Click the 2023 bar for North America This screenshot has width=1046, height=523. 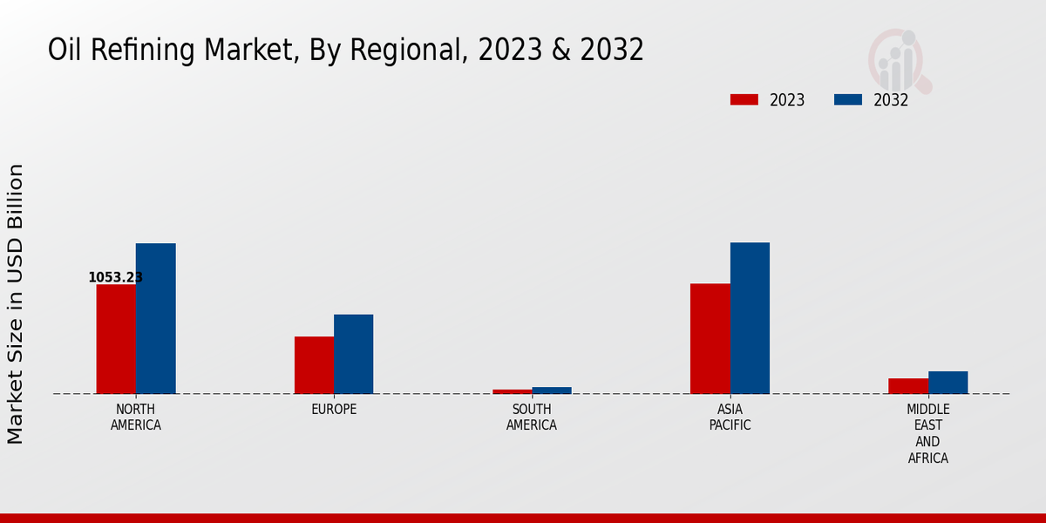116,339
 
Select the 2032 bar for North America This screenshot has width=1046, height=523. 156,318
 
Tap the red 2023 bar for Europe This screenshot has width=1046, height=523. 314,365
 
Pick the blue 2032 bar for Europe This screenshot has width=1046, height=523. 354,354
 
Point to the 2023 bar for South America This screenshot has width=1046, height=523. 512,391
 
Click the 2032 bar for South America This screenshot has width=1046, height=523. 552,391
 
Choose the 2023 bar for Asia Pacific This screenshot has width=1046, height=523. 710,338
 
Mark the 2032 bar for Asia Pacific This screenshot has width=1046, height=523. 750,318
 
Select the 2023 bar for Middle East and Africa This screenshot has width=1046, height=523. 908,386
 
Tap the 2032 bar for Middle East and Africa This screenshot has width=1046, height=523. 948,383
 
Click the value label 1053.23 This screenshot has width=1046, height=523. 115,277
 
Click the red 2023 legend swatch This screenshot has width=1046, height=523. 744,99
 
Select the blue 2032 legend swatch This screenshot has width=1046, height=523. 848,99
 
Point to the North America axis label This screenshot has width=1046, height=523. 136,418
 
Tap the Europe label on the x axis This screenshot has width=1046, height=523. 334,410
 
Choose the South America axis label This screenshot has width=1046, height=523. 532,418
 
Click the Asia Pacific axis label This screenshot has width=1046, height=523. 730,418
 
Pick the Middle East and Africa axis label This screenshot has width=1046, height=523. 928,433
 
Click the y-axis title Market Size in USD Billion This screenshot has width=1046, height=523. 16,303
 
